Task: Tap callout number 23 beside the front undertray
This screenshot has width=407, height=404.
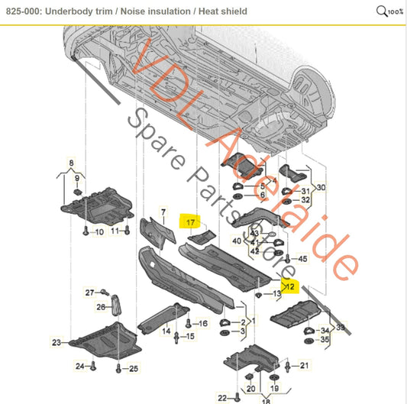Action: (x=56, y=342)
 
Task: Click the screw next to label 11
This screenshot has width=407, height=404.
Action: (x=127, y=230)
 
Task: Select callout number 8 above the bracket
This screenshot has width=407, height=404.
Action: (x=72, y=163)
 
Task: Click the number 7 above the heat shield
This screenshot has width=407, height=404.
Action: (x=162, y=211)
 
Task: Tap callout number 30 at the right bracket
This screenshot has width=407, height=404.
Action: (x=321, y=187)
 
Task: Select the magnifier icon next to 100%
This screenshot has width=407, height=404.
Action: (x=382, y=11)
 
